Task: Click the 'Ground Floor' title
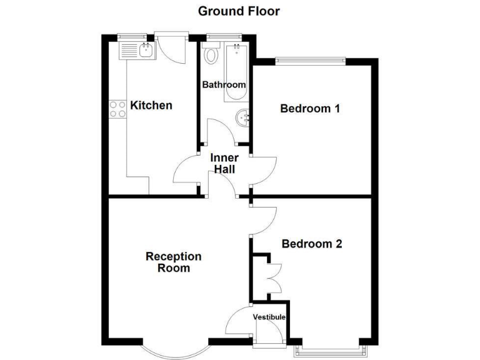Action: (239, 11)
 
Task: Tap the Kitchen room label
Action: (151, 105)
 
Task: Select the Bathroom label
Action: (224, 84)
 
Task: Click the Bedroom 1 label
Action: (310, 109)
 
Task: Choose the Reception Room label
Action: (173, 262)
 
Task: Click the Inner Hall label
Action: (224, 163)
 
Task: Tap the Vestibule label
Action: (269, 317)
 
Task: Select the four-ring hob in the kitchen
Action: (117, 109)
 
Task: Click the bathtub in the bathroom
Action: (236, 72)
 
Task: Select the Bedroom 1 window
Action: (310, 60)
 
